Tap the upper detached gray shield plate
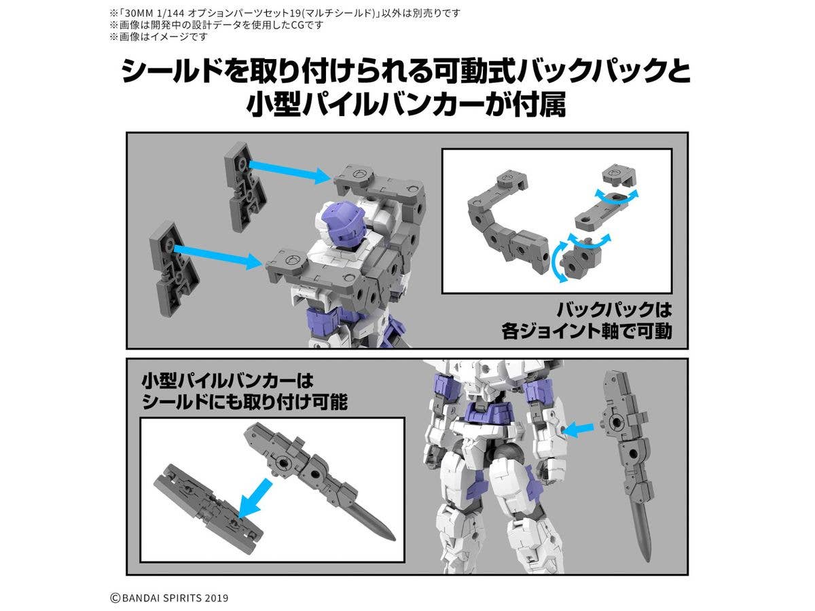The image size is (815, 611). (x=245, y=185)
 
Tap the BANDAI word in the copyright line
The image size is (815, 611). (x=142, y=598)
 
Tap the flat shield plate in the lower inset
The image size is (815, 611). (x=208, y=508)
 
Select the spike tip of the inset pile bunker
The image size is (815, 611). (x=393, y=538)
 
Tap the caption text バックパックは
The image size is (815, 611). (x=614, y=310)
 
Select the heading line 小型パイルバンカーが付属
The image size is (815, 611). (x=406, y=105)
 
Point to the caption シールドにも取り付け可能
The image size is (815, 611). (x=245, y=402)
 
